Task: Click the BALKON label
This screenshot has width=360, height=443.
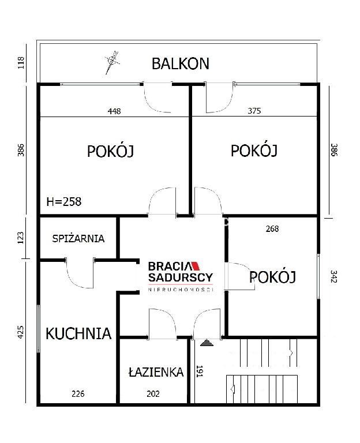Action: [x=180, y=64]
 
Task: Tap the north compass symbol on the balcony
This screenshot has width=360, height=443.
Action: [x=112, y=62]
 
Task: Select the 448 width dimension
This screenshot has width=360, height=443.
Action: [x=114, y=111]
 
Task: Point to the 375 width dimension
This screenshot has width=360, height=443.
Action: [x=254, y=111]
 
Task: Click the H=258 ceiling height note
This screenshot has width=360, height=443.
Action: [x=64, y=202]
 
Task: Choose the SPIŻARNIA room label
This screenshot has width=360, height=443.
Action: [x=78, y=238]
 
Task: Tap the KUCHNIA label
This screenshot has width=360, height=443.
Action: [x=78, y=333]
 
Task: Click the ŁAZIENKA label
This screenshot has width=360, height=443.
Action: [x=156, y=372]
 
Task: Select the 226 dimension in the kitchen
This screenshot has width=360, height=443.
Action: [x=78, y=394]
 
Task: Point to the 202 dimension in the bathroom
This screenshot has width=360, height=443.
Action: [x=153, y=394]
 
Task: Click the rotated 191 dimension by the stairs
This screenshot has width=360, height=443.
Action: [x=200, y=371]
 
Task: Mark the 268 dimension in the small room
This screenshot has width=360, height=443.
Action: [x=272, y=229]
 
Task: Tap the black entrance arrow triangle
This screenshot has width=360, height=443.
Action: [x=207, y=343]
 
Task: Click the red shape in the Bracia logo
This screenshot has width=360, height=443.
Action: [x=196, y=266]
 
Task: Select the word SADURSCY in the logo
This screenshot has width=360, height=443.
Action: [x=181, y=277]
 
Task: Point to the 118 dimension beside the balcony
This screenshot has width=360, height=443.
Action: [x=21, y=63]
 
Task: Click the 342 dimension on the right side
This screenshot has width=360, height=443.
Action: [x=333, y=277]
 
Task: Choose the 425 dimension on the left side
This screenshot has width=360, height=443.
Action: [x=21, y=332]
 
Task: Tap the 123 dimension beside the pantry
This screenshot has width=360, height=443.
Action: [x=21, y=238]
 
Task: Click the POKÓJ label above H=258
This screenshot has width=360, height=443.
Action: [x=110, y=151]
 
